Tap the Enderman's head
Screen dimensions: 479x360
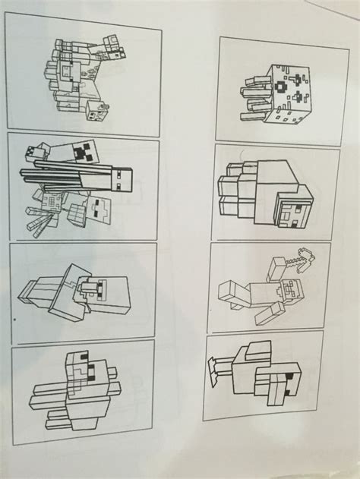point(122,181)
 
